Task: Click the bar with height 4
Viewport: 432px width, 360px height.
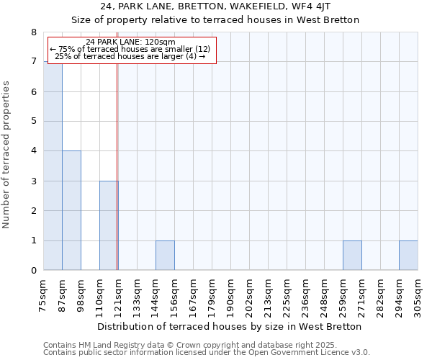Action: pos(71,210)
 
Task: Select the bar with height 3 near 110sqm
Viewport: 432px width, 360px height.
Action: pos(109,225)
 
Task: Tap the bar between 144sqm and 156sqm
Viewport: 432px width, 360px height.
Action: pos(165,255)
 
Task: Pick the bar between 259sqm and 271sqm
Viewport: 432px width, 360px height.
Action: pos(352,255)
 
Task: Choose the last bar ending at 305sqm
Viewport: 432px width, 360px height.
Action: pos(408,255)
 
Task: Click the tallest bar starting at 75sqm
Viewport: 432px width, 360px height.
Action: pos(53,166)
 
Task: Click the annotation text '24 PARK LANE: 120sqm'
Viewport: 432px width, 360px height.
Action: pos(130,42)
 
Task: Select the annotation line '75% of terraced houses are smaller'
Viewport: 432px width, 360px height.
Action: pos(130,49)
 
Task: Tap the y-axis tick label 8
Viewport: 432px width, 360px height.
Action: pos(34,32)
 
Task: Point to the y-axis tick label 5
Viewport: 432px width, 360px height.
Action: pos(34,122)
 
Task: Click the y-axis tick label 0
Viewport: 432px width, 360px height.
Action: pos(34,270)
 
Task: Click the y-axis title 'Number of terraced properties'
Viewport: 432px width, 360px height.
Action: pos(7,155)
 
